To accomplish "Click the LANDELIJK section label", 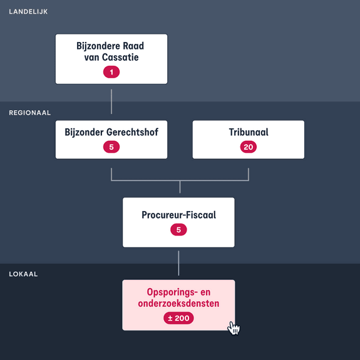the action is pos(28,12).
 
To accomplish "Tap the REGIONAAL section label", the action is pos(30,113).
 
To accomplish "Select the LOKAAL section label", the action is pos(23,274).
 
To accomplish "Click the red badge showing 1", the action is pos(111,72).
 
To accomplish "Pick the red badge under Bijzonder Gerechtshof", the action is pos(111,147).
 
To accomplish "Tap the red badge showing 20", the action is pos(249,147).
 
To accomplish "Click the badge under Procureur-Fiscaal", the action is pos(178,230).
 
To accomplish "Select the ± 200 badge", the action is pos(178,318).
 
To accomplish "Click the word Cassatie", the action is pos(120,57).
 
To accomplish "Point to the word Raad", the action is pos(133,46).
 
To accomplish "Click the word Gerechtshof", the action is pos(133,132).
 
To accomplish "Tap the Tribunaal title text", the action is pos(249,132).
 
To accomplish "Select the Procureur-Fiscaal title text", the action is pos(178,215).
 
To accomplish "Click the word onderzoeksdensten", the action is pos(178,304).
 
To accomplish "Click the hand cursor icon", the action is pos(234,328).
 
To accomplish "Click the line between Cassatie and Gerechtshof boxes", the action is pos(111,101).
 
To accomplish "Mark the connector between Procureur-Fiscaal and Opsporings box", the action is pos(178,263).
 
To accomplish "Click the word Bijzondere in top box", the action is pos(98,46).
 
